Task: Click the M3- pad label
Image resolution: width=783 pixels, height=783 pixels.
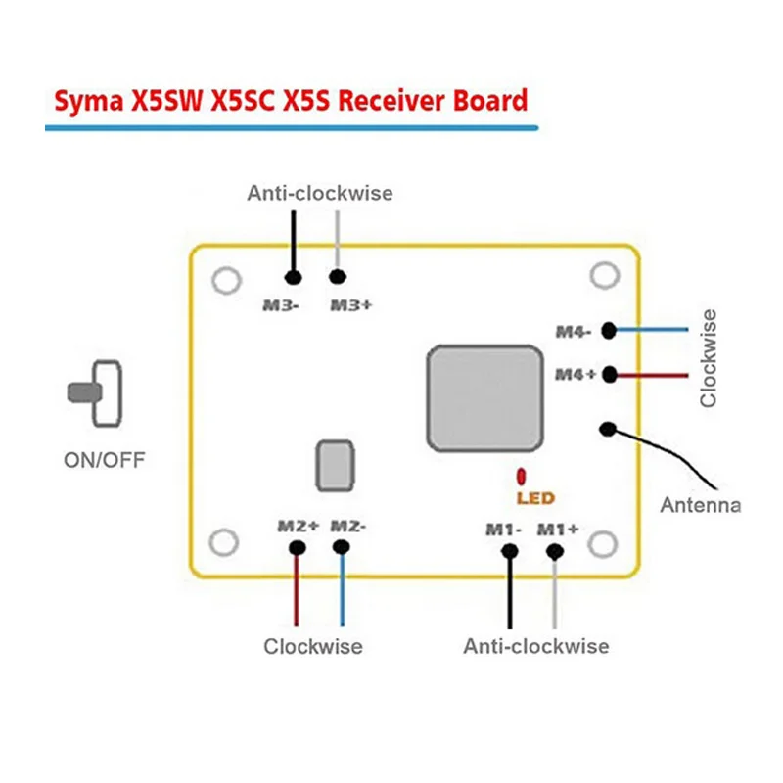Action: tap(280, 304)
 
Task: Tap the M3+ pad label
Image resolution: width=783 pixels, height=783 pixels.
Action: tap(350, 304)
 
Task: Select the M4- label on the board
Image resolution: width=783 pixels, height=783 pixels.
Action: tap(574, 332)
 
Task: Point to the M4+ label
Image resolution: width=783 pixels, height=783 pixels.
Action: tap(576, 374)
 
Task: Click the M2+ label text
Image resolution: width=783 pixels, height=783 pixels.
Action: tap(298, 526)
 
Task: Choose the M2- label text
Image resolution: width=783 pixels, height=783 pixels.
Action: tap(347, 526)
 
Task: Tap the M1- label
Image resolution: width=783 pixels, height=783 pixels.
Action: tap(504, 529)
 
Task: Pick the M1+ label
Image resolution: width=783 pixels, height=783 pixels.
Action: tap(560, 529)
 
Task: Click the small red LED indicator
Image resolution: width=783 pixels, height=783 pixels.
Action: tap(522, 477)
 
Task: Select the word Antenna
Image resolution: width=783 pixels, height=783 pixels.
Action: tap(700, 505)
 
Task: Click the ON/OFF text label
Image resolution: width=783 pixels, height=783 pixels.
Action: tap(103, 459)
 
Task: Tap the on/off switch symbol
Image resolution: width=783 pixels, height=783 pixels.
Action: tap(99, 393)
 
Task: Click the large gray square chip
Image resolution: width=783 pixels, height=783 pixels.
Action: tap(484, 397)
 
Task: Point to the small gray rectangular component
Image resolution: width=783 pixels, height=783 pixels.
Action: tap(335, 465)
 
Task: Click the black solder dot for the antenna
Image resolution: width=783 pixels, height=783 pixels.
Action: tap(609, 428)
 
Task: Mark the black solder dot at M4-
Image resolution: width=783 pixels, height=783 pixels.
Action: tap(609, 331)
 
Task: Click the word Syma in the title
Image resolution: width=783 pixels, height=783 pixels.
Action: tap(88, 101)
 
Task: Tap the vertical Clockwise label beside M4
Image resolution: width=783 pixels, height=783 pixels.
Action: tap(709, 358)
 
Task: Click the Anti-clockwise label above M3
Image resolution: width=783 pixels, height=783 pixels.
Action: tap(319, 193)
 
